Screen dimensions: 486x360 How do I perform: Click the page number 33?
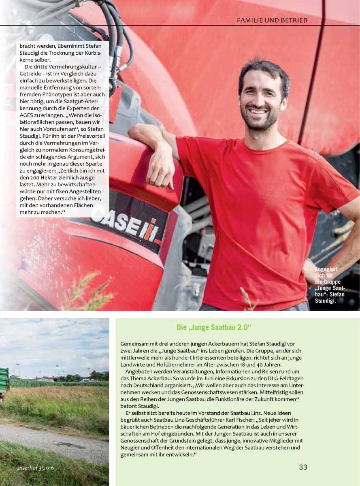click(x=303, y=467)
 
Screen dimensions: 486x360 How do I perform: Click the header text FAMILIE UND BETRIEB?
click(x=272, y=20)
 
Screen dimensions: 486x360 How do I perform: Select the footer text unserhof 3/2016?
click(x=35, y=468)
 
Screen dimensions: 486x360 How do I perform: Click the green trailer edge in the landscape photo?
click(x=4, y=381)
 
